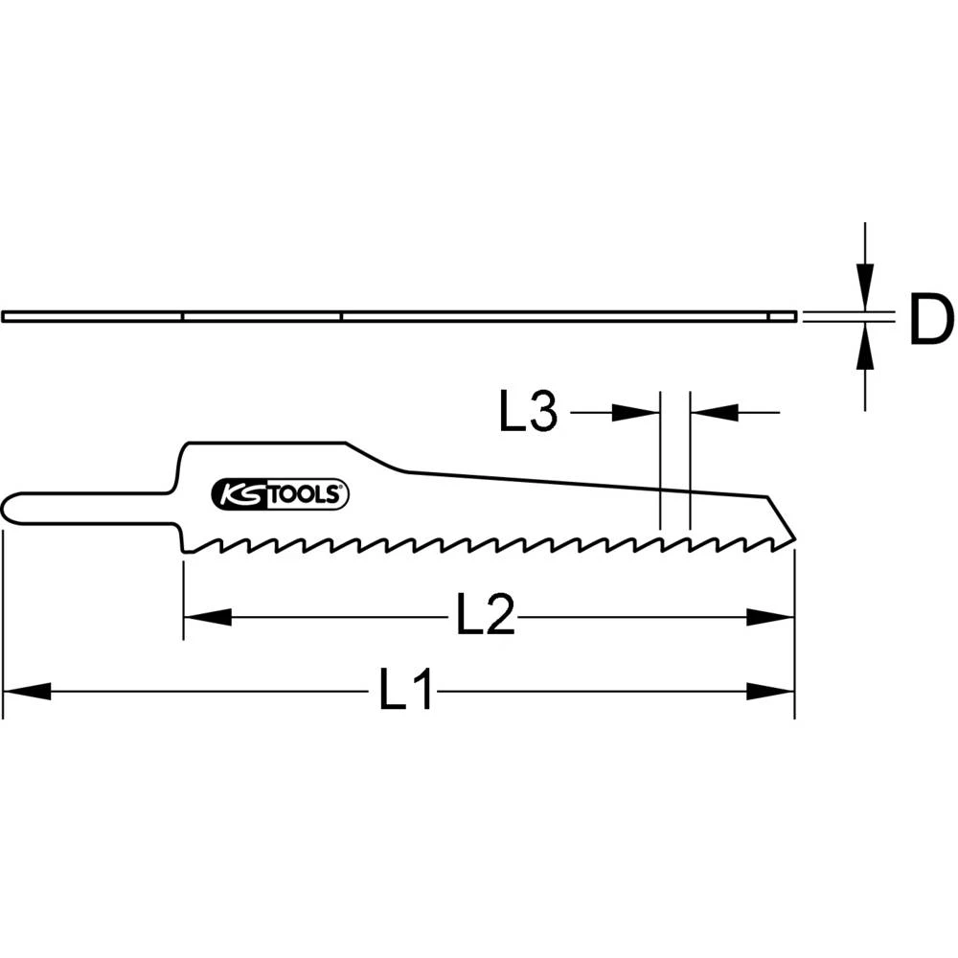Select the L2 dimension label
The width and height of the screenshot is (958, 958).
tap(485, 616)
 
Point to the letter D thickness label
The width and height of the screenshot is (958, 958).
tap(930, 321)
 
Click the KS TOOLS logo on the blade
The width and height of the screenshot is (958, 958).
tap(280, 494)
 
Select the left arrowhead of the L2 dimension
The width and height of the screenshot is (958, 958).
tap(207, 617)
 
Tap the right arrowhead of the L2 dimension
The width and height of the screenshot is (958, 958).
tap(771, 617)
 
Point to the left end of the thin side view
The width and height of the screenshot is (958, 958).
tap(6, 316)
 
